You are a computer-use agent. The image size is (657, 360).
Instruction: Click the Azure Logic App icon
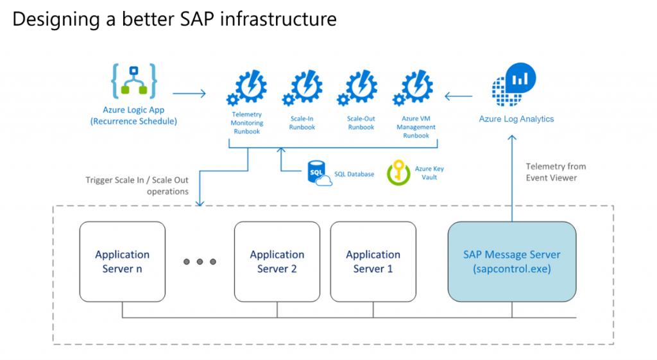coord(133,81)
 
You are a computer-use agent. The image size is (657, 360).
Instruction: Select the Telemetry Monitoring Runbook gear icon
coord(246,89)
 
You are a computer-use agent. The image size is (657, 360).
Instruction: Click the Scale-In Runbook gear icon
coord(302,89)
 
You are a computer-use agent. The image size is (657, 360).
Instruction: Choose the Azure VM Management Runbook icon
coord(416,89)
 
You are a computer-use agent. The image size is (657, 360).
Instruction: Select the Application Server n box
coord(122,262)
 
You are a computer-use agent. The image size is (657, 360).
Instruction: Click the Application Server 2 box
coord(277,262)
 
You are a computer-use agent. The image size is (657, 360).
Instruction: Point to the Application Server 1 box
coord(373,262)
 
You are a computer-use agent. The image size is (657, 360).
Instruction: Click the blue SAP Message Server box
coord(511,262)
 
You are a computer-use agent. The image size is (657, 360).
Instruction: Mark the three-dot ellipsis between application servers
coord(200,262)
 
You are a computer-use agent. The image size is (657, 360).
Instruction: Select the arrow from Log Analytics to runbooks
coord(459,98)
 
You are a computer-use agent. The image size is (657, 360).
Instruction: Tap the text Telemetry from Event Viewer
coord(556,172)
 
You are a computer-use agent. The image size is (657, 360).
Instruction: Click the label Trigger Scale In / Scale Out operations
coord(137,185)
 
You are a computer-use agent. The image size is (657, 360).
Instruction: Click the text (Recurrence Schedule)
coord(133,121)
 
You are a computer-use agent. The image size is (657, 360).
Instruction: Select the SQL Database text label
coord(354,174)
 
